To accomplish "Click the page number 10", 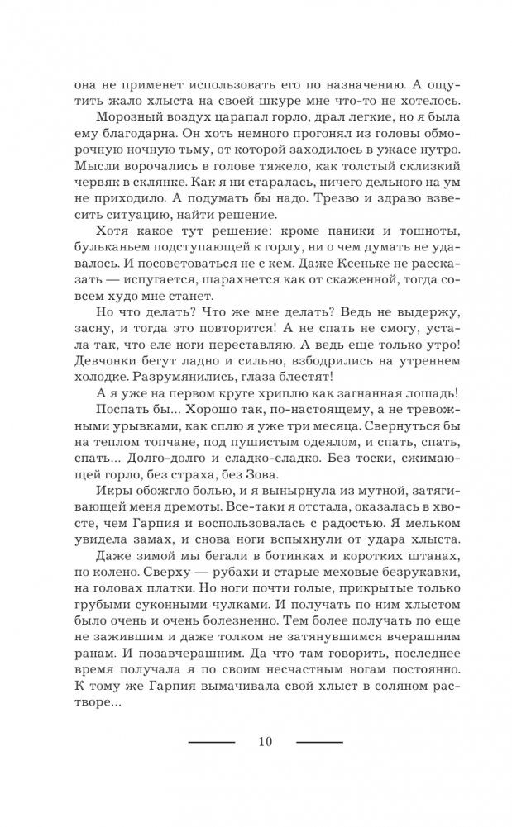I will [265, 740].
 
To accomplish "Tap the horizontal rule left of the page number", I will [212, 741].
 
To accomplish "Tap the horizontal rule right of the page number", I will [319, 741].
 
